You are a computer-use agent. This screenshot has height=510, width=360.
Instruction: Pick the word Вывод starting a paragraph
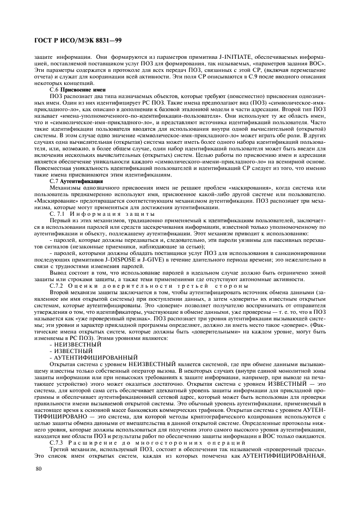(59, 273)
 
